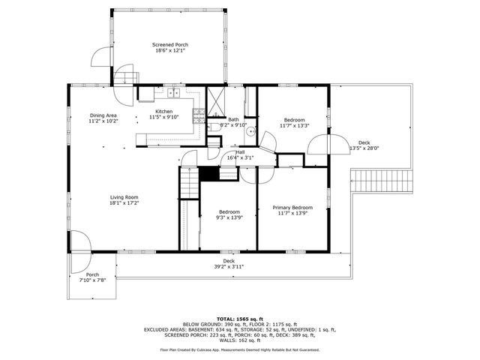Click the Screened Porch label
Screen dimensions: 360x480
pos(171,45)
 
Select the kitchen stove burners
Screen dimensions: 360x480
pos(199,114)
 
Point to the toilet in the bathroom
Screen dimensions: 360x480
pos(214,128)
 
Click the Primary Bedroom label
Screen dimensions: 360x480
pos(292,207)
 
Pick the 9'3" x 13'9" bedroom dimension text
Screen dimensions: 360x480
pos(229,217)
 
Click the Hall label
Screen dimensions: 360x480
pos(240,151)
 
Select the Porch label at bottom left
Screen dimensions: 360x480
pos(92,274)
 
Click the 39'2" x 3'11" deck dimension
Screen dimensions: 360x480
pos(229,266)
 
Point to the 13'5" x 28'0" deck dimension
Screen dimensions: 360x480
pos(364,148)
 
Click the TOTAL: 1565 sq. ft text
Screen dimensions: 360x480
pos(239,319)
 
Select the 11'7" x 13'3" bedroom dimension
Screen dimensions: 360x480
pos(294,126)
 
